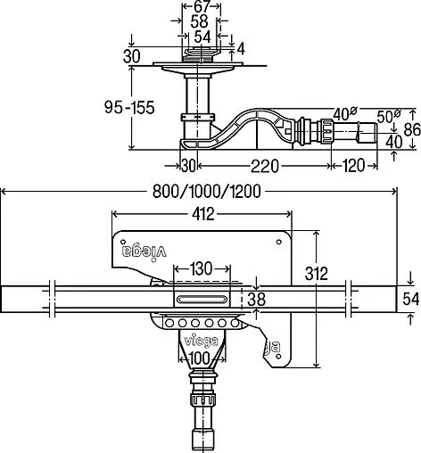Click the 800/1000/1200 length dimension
207,192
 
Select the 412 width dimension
203,214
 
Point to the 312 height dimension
317,274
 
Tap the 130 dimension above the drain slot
201,268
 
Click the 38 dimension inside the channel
256,299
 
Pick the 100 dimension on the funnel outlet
200,358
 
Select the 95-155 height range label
129,107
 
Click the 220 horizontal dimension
265,166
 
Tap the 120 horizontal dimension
353,165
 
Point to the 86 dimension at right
413,129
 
